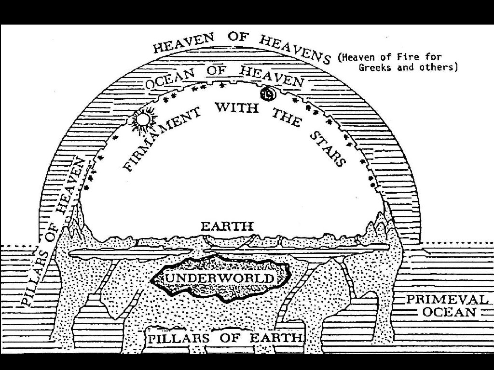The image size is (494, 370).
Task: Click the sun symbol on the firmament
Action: [x=143, y=119]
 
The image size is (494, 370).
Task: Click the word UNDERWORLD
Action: [x=220, y=278]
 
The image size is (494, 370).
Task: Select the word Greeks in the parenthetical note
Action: [x=376, y=67]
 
